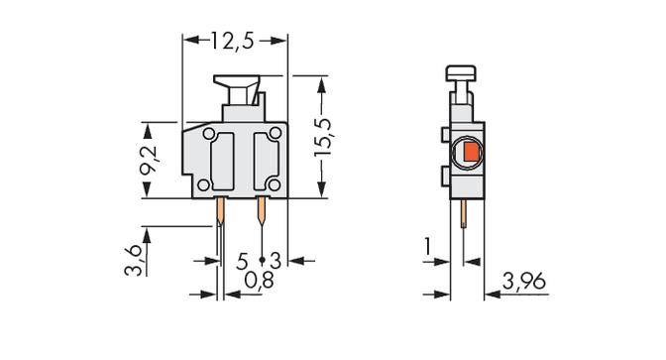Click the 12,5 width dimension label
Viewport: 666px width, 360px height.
coord(235,41)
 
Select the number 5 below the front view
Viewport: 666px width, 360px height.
coord(243,260)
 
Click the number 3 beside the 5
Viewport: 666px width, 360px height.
coord(276,260)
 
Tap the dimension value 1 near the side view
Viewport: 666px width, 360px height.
coord(427,245)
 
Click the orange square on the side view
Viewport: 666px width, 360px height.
coord(468,153)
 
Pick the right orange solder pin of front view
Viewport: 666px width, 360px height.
coord(262,209)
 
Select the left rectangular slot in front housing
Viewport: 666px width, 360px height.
coord(224,159)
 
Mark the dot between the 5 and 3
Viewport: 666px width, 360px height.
coord(261,261)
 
